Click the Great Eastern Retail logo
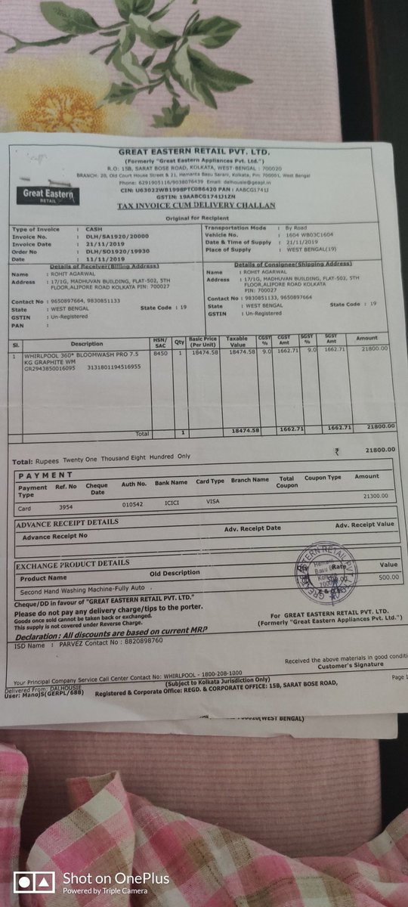point(48,194)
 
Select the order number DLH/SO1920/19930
point(111,251)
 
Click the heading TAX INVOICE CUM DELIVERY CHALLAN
point(196,206)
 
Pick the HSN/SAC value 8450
point(160,353)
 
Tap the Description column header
point(87,345)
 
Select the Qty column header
point(180,342)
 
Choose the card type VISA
point(214,501)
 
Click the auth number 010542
point(133,503)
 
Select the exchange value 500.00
point(388,577)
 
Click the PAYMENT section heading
point(45,475)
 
